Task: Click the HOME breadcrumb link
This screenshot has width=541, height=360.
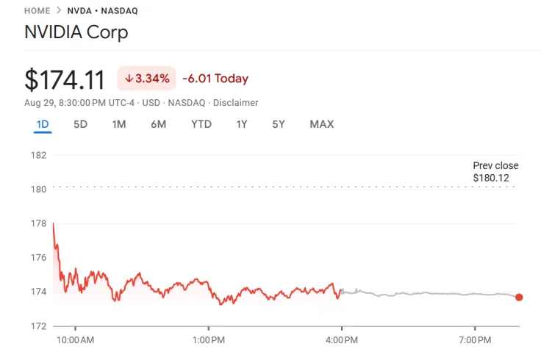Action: click(x=37, y=11)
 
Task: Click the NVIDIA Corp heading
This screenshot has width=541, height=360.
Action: click(x=76, y=32)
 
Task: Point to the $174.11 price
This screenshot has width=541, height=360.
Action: click(x=65, y=79)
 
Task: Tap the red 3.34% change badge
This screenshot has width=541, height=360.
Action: click(x=146, y=79)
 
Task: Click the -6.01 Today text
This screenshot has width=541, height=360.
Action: click(x=215, y=79)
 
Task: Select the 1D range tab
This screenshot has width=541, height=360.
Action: click(x=43, y=124)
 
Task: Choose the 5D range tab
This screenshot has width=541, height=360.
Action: click(x=80, y=124)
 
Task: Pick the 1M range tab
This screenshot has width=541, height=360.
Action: click(x=118, y=124)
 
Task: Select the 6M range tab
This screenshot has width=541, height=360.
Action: click(x=158, y=124)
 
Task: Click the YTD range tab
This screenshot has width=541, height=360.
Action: click(x=201, y=124)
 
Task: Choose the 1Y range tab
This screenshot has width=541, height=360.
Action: click(x=241, y=124)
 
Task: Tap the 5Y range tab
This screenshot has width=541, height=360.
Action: click(x=278, y=124)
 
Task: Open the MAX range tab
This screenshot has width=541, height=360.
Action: click(x=321, y=124)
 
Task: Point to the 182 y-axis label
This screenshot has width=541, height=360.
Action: click(x=39, y=155)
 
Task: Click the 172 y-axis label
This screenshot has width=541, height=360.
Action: click(x=39, y=325)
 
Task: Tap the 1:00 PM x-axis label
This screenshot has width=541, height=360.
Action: click(x=208, y=340)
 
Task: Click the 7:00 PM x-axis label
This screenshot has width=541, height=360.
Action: click(x=475, y=340)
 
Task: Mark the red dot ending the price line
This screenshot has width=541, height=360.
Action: click(x=519, y=297)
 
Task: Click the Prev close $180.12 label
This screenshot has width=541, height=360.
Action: click(x=495, y=171)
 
